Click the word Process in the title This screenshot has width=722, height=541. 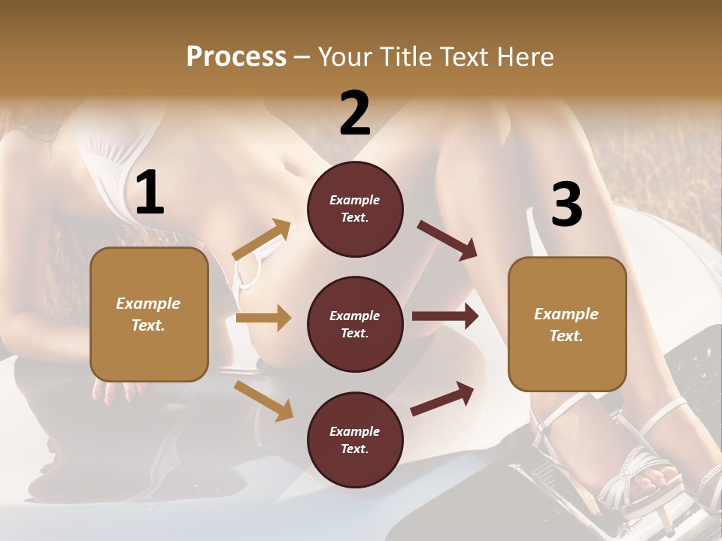coord(236,57)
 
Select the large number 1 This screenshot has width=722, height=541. coord(150,193)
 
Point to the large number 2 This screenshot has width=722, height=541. coord(355,113)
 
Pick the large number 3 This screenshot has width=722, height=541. coord(566,205)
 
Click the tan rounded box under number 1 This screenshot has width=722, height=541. coord(149,314)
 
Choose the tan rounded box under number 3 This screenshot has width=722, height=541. coord(567,325)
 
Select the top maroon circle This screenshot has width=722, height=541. coord(355,209)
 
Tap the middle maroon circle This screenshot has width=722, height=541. coord(355,325)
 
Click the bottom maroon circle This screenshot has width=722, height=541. coord(355,440)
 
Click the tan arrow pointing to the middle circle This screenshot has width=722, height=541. coord(263,318)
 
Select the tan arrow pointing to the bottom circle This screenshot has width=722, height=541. coord(263,400)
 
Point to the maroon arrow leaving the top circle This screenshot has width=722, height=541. coord(447,240)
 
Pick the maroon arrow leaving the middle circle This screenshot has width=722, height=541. coord(445,316)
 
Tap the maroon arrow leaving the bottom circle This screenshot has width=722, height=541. coord(442,399)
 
